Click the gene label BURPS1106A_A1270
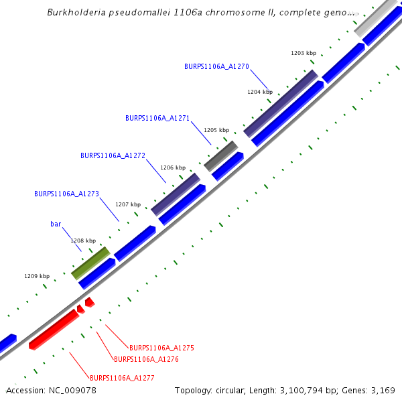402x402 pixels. [216, 66]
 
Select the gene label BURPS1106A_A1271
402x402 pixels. [157, 118]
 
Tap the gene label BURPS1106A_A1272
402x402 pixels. [113, 155]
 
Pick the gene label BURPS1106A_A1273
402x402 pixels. [66, 194]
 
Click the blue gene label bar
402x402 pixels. [56, 224]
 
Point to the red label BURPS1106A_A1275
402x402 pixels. [161, 348]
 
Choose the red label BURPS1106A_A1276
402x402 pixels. [146, 359]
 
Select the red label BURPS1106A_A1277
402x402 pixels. [122, 378]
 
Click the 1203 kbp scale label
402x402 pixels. [304, 52]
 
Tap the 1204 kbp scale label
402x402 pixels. [260, 91]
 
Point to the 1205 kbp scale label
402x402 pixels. [216, 130]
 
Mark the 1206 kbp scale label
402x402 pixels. [172, 167]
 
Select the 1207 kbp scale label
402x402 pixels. [128, 204]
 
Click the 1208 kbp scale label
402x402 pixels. [83, 240]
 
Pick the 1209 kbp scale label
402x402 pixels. [37, 276]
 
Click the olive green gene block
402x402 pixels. [90, 263]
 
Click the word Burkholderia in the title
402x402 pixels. [76, 13]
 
